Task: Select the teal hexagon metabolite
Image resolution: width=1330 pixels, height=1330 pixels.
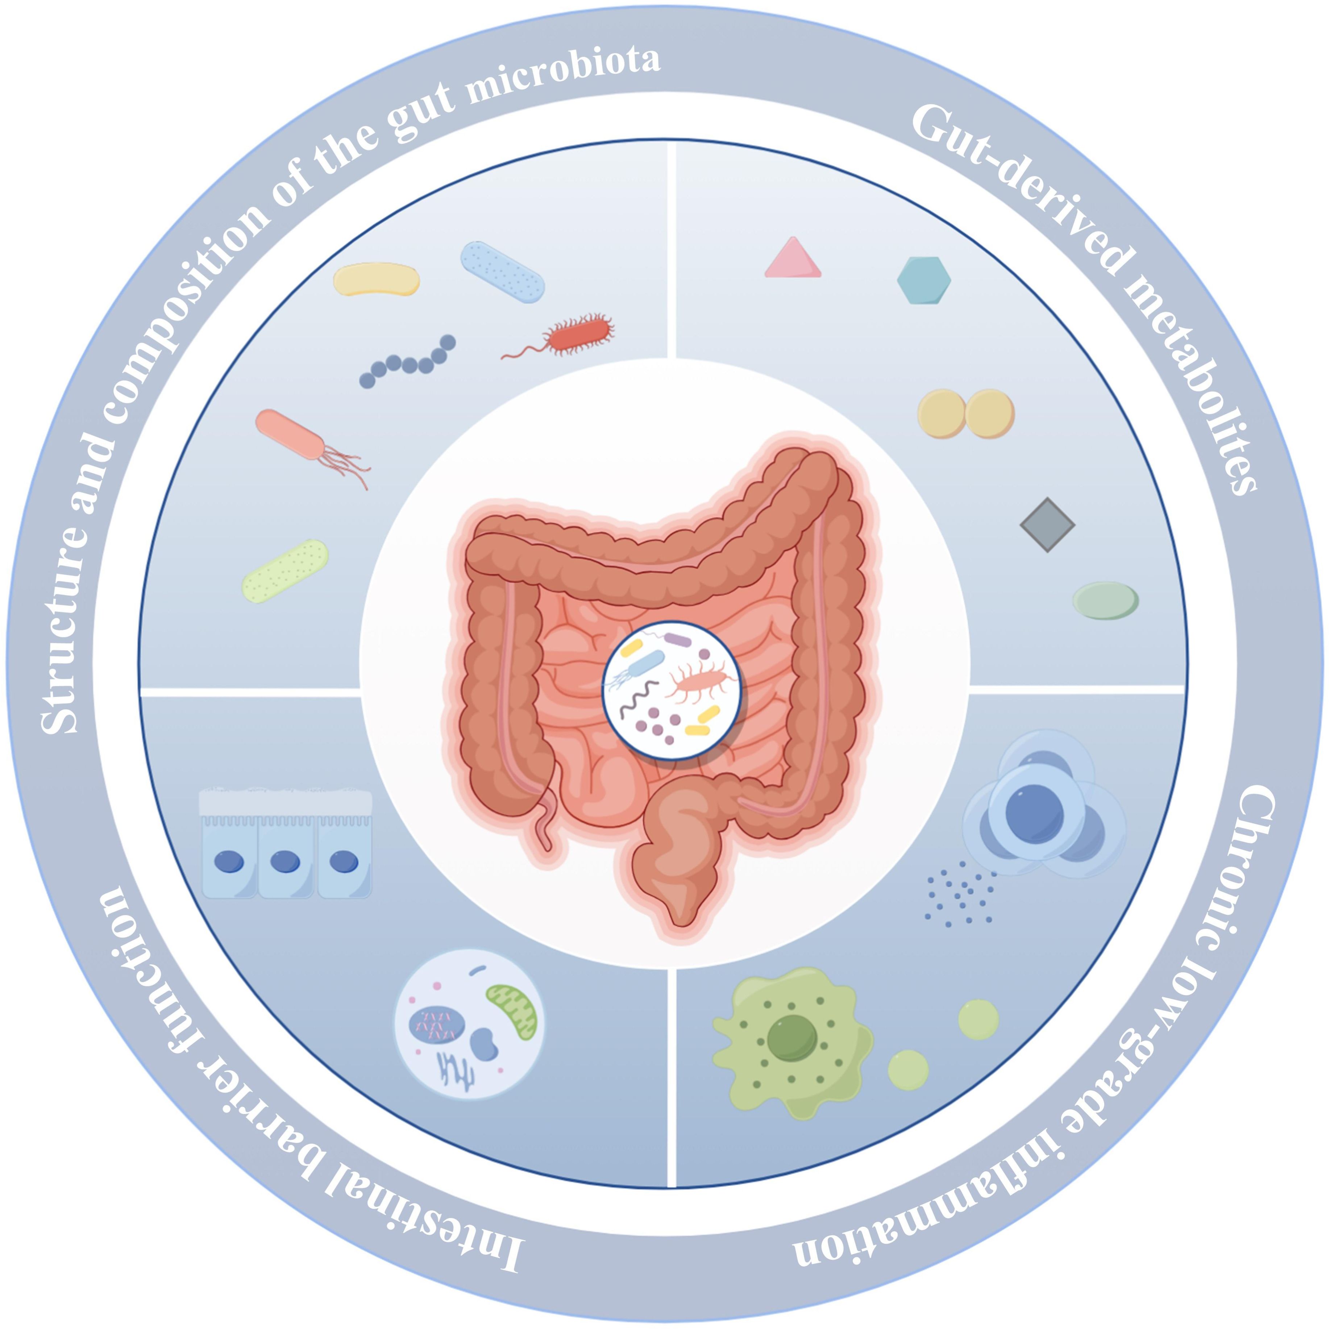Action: click(924, 280)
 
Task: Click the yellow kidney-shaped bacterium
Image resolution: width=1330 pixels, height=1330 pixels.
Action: click(376, 279)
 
